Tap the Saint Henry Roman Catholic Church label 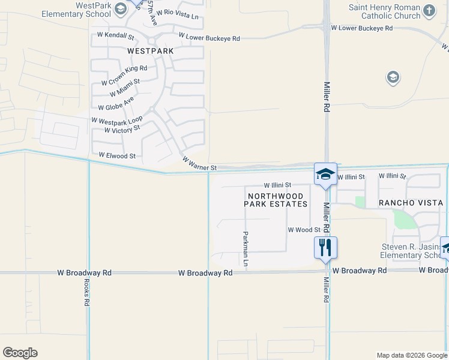click(x=384, y=11)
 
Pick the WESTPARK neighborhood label click(x=151, y=51)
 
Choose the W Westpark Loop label click(x=117, y=121)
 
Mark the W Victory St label click(x=122, y=130)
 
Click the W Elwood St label click(x=118, y=155)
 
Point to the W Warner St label click(x=199, y=164)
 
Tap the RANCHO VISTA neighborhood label click(x=411, y=203)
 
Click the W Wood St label click(x=304, y=230)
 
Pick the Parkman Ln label click(x=246, y=248)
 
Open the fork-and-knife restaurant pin click(x=325, y=247)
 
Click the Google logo click(x=20, y=353)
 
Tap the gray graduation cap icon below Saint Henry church click(x=393, y=77)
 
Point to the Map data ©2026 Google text click(x=411, y=355)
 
